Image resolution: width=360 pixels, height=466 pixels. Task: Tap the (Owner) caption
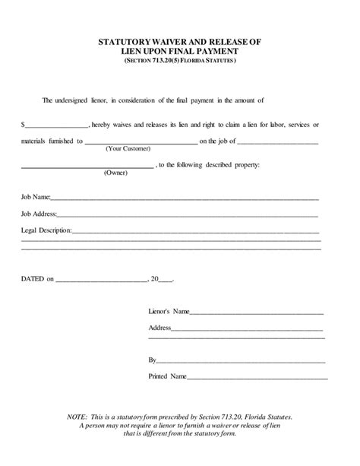(x=115, y=174)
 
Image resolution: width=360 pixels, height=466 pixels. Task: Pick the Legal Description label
(x=46, y=230)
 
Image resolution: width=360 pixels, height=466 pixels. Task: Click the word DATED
(x=33, y=279)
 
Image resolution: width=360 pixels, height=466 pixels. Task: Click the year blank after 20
(x=166, y=281)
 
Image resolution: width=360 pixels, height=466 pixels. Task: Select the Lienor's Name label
(x=169, y=312)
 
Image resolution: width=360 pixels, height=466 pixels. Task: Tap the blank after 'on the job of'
(x=278, y=142)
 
